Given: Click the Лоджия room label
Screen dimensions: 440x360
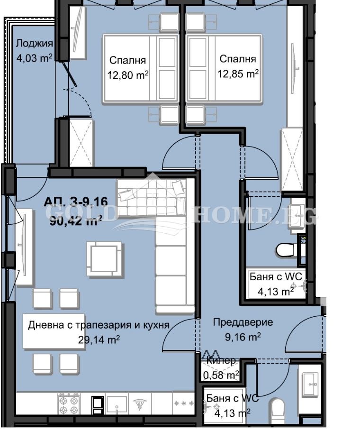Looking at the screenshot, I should pyautogui.click(x=34, y=44).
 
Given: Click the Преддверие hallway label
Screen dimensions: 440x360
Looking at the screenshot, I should pyautogui.click(x=243, y=322).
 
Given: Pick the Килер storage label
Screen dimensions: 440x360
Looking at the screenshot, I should pyautogui.click(x=221, y=361).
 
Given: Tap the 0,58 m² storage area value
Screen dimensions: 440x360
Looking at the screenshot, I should pyautogui.click(x=221, y=376).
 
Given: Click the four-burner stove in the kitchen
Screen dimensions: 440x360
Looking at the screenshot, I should pyautogui.click(x=69, y=404).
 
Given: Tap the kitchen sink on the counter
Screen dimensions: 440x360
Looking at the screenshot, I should pyautogui.click(x=117, y=404).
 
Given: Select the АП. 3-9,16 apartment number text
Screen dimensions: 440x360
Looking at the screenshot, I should pyautogui.click(x=76, y=202).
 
